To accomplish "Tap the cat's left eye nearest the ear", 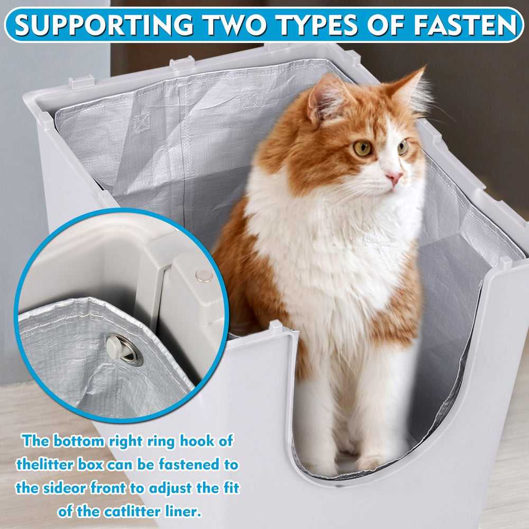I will [x=363, y=148].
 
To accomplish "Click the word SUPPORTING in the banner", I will [x=104, y=25].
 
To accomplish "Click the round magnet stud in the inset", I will [x=203, y=275].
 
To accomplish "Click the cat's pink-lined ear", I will [x=323, y=98].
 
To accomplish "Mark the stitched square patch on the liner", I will [x=141, y=122].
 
